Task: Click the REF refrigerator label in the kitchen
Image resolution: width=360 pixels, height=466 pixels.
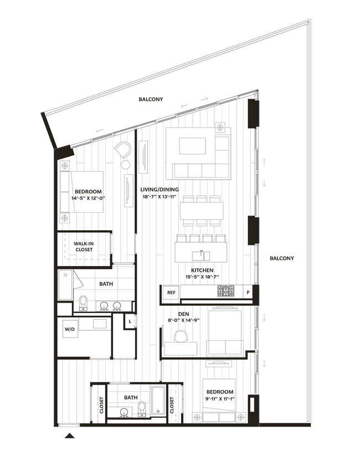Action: coord(171,293)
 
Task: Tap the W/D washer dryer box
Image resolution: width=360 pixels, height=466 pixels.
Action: coord(70,330)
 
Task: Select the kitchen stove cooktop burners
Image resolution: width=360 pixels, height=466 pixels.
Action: coord(225,290)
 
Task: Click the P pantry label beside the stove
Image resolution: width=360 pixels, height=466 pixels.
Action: coord(248,292)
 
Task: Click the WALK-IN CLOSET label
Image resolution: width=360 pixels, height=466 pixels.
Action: coord(84,246)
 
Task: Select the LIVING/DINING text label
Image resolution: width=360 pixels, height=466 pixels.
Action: coord(160,190)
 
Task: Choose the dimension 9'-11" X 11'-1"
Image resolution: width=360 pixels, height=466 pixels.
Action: coord(221,399)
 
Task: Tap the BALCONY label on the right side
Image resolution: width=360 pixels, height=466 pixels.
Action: coord(281,258)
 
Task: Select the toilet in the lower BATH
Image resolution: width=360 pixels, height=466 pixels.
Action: coord(142,409)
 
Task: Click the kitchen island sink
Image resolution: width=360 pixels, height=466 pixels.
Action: coord(200,255)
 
